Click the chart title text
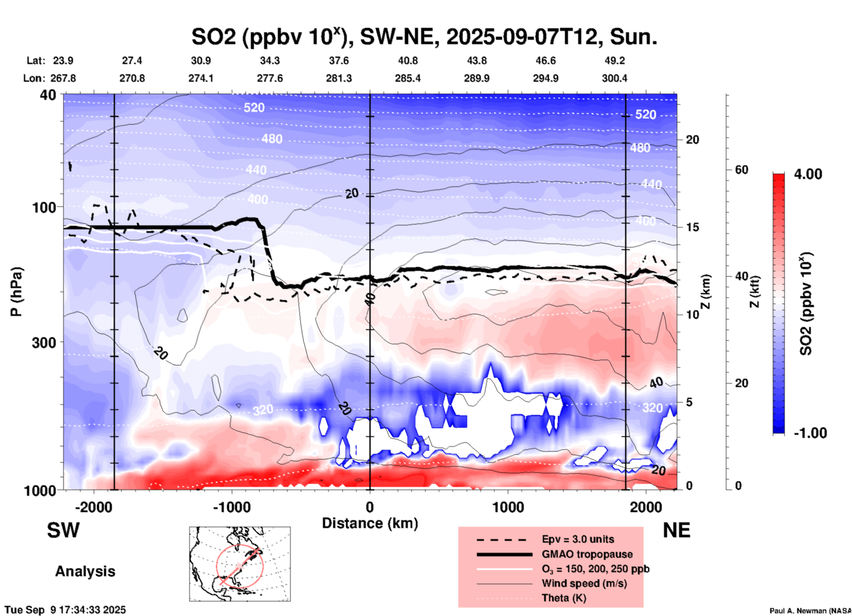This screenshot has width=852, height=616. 424,37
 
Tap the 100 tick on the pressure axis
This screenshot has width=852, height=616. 47,207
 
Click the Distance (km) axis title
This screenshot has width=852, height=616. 370,523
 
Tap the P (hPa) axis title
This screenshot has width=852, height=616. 16,292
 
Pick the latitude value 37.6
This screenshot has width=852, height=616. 339,61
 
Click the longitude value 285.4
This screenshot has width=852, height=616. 408,78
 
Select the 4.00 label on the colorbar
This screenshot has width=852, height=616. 808,174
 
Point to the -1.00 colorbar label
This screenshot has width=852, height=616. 810,433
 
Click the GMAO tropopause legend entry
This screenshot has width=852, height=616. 587,554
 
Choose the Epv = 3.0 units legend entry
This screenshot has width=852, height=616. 578,540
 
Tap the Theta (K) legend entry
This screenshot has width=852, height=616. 564,598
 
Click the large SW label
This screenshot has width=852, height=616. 63,530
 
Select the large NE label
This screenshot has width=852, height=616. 676,530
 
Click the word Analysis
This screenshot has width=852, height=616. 85,571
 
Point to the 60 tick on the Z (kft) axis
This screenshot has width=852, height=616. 741,170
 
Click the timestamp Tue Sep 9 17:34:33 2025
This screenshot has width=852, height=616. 65,610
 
